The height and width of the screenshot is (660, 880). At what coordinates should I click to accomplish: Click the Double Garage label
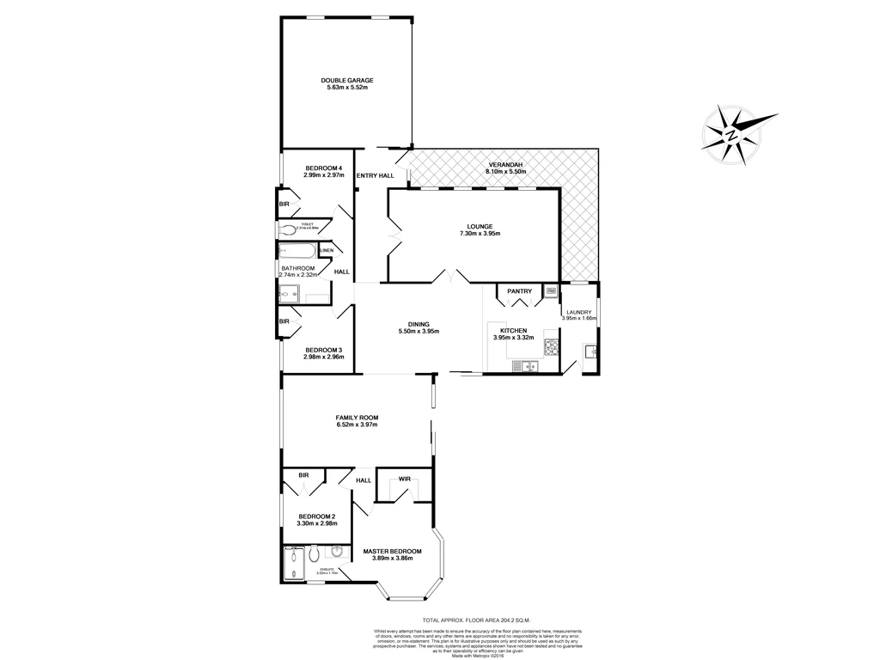(x=349, y=80)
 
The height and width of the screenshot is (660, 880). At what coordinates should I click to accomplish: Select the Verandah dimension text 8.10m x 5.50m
(x=505, y=172)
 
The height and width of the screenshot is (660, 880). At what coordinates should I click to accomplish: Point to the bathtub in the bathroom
(x=297, y=253)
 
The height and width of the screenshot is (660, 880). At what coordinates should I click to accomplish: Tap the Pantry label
(x=519, y=291)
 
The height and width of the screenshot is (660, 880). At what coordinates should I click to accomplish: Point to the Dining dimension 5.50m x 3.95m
(x=419, y=332)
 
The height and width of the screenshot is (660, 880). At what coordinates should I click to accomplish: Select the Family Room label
(x=357, y=418)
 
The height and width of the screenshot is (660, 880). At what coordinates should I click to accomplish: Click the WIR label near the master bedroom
(x=404, y=479)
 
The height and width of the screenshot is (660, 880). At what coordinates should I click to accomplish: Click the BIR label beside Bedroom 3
(x=283, y=321)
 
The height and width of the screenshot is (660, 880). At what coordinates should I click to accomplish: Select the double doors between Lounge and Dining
(x=451, y=277)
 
